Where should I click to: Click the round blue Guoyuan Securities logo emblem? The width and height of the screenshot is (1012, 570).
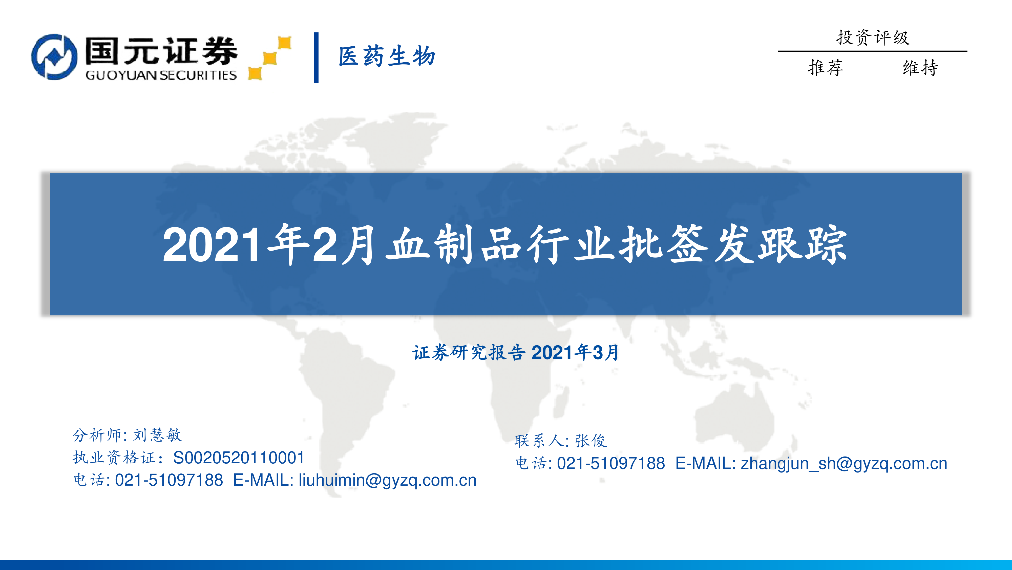tap(54, 57)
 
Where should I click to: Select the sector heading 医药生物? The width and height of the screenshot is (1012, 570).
tap(387, 56)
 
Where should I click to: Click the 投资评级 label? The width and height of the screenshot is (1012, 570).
tap(873, 38)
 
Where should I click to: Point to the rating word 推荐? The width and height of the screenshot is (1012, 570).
tap(825, 68)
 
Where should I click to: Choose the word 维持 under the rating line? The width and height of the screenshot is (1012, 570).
tap(920, 68)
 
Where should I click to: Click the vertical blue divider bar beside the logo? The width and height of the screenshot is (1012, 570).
tap(316, 58)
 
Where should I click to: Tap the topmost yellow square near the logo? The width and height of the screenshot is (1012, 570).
tap(284, 43)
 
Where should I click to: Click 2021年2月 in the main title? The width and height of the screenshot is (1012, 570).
tap(269, 245)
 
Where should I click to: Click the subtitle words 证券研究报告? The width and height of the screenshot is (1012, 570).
tap(469, 352)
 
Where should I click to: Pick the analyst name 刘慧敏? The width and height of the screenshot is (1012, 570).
tap(157, 435)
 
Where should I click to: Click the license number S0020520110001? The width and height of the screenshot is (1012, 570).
tap(239, 458)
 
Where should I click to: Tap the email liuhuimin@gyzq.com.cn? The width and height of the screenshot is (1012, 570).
tap(387, 480)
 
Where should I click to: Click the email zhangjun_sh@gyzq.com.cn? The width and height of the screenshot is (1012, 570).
tap(844, 463)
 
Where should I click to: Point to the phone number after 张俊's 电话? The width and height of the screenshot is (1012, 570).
tap(611, 463)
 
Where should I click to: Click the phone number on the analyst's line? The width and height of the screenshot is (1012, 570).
tap(169, 480)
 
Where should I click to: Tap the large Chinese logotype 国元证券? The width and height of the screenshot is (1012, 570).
tap(161, 51)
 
